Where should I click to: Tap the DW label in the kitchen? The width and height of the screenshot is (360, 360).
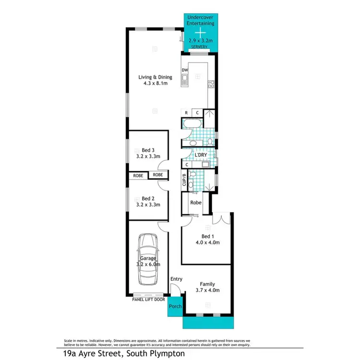tap(184, 71)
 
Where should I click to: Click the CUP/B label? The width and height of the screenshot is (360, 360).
tap(184, 180)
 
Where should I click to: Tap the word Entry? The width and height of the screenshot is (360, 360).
tap(176, 279)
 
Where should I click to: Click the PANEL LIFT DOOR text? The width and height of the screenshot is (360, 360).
tap(149, 300)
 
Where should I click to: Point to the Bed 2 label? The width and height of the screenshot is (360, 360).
tap(147, 198)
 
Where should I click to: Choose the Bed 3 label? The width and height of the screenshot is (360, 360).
tap(147, 149)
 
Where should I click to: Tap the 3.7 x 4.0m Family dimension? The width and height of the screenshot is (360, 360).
tap(207, 289)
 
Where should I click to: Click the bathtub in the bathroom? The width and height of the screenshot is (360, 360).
tap(192, 125)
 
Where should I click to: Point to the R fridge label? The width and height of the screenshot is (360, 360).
tap(186, 113)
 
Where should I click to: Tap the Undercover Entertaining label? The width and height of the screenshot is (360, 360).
tap(202, 20)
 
